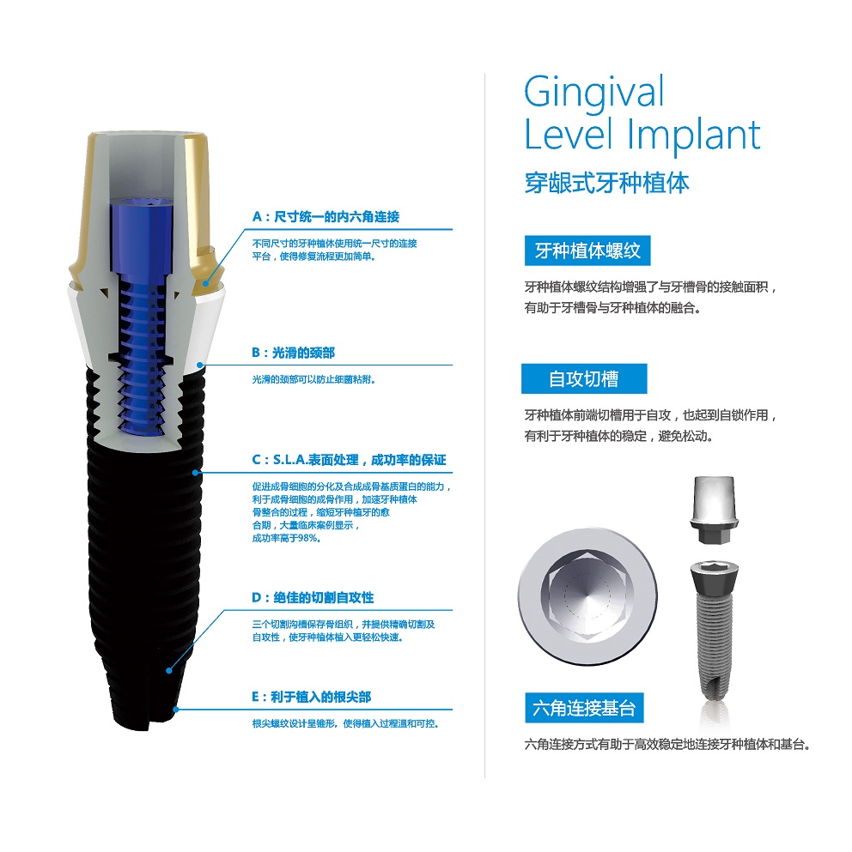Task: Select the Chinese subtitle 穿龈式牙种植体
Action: (606, 183)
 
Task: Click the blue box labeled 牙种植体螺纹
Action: (587, 251)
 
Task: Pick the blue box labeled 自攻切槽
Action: (584, 378)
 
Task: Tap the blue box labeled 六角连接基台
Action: (584, 708)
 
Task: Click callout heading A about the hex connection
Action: (326, 217)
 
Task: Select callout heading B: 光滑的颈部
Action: (293, 353)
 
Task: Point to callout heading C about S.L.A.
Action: (349, 460)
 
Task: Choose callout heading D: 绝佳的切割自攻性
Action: (313, 598)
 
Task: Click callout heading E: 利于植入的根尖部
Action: (311, 697)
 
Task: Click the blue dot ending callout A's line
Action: (205, 283)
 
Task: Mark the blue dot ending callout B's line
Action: (200, 366)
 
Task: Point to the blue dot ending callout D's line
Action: (169, 670)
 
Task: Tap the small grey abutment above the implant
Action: (714, 509)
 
